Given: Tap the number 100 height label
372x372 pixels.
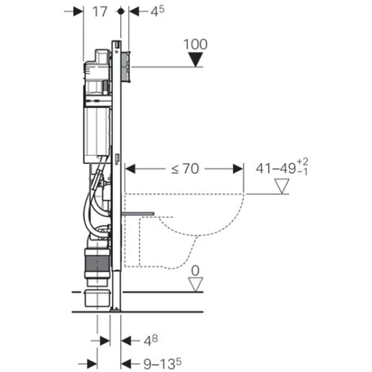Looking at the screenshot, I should [196, 41].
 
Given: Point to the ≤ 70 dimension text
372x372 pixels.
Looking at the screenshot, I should [186, 168].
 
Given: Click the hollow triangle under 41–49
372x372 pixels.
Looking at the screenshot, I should [283, 188].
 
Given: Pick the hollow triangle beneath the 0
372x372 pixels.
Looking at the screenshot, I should [195, 283].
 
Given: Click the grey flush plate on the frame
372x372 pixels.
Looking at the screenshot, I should [126, 64].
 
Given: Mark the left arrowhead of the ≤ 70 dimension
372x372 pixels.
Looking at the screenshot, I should [131, 168].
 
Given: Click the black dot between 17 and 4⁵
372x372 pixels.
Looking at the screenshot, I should [120, 12].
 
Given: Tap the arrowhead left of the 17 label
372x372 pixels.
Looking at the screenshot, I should [79, 12].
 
